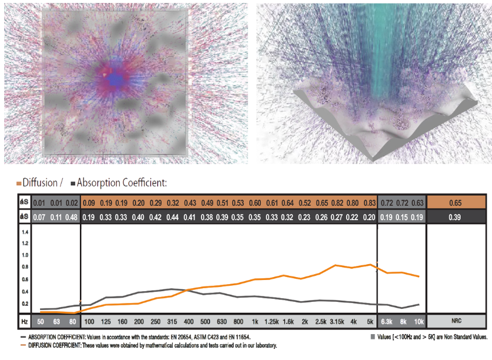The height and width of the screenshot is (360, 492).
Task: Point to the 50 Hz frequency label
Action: coord(39,322)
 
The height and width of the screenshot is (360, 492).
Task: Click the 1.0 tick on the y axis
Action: coord(25,255)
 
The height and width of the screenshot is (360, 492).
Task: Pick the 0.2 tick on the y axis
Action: coord(25,304)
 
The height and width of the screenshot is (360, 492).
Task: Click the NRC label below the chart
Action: coord(456,322)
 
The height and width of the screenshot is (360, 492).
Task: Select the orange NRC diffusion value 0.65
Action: coord(456,203)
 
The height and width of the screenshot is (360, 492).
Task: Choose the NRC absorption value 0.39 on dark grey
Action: coord(456,217)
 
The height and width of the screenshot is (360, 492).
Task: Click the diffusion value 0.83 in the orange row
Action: coord(370,203)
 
